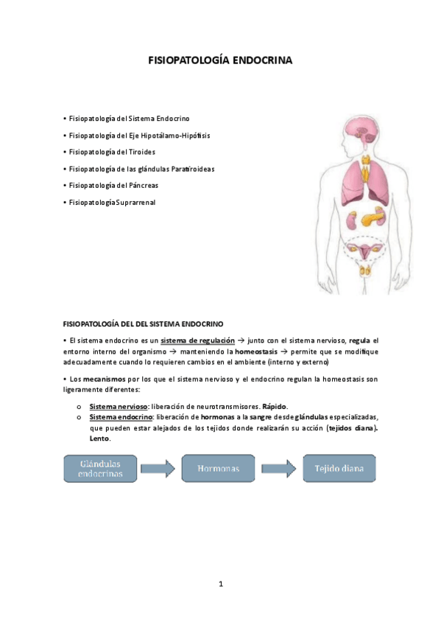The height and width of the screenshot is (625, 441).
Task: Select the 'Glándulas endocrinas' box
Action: click(99, 468)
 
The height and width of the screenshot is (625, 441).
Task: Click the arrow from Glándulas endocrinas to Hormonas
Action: click(158, 468)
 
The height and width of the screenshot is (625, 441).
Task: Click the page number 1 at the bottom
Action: click(220, 584)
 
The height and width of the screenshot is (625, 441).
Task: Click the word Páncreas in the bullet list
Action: click(143, 186)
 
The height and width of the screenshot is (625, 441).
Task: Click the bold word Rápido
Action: click(275, 407)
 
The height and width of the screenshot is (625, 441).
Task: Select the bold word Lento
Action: click(99, 439)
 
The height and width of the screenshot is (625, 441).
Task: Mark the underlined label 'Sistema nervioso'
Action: click(118, 407)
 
